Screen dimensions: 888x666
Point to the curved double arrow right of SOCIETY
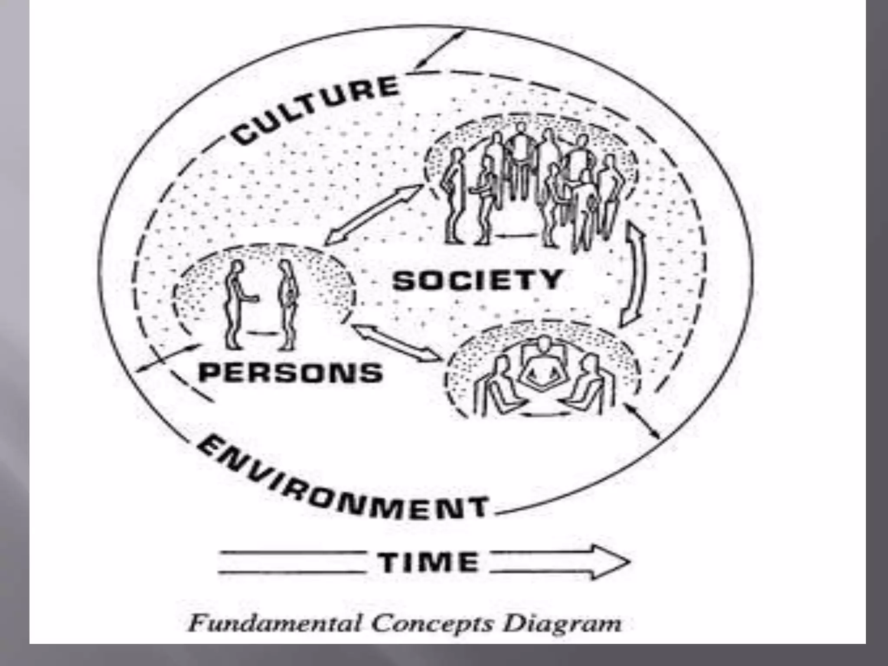(x=633, y=277)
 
